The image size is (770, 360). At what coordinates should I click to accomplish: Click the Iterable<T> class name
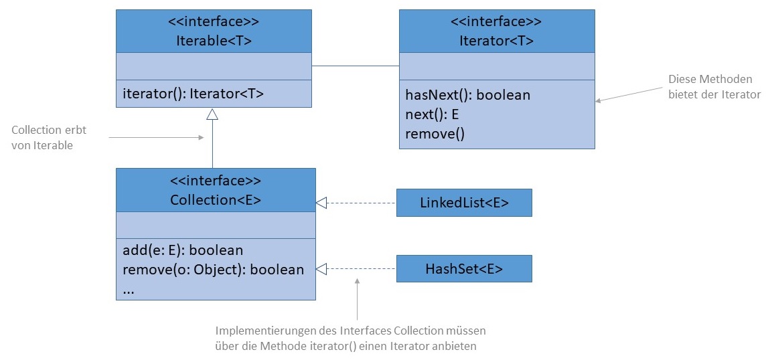point(214,39)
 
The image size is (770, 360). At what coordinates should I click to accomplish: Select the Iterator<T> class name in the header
point(496,39)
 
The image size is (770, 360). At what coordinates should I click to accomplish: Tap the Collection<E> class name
point(215,199)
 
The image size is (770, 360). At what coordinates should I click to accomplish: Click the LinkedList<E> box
point(464,203)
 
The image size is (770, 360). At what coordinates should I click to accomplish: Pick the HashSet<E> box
point(464,269)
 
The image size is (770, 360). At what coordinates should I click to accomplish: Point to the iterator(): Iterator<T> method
point(193,94)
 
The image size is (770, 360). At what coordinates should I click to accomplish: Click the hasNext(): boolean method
point(467,95)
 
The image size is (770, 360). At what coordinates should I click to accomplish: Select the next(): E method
point(432,114)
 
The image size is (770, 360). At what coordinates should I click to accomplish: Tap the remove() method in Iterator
point(435,133)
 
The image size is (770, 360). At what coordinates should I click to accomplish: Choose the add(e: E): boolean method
point(183,250)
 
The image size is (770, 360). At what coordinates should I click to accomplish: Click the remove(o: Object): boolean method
point(214,270)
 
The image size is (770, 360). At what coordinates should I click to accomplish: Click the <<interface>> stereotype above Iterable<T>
point(214,21)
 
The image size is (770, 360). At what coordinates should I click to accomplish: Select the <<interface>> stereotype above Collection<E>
point(215,181)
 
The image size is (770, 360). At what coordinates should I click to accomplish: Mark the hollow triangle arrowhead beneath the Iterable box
point(212,114)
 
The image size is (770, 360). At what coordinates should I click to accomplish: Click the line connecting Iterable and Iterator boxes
point(356,66)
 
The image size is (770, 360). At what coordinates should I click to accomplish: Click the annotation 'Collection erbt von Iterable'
point(49,137)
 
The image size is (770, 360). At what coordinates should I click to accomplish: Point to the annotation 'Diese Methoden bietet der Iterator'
point(714,87)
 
